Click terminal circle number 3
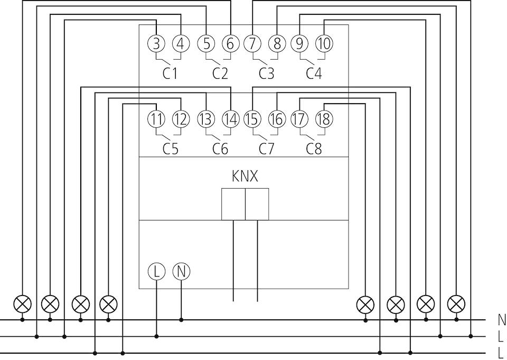pyautogui.click(x=156, y=43)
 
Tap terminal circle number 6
pyautogui.click(x=231, y=43)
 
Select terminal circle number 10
pyautogui.click(x=324, y=43)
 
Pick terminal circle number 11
pyautogui.click(x=156, y=119)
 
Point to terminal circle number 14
pyautogui.click(x=231, y=119)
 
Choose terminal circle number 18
pyautogui.click(x=324, y=119)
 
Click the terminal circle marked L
pyautogui.click(x=156, y=271)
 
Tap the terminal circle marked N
pyautogui.click(x=181, y=271)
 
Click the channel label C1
pyautogui.click(x=170, y=73)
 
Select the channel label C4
pyautogui.click(x=314, y=73)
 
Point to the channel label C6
pyautogui.click(x=220, y=149)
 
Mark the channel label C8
pyautogui.click(x=314, y=149)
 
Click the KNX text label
pyautogui.click(x=245, y=177)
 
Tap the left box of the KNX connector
pyautogui.click(x=233, y=204)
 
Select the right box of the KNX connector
pyautogui.click(x=257, y=204)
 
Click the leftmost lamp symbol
pyautogui.click(x=23, y=304)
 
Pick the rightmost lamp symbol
pyautogui.click(x=456, y=304)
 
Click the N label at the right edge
pyautogui.click(x=502, y=320)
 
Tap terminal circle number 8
pyautogui.click(x=277, y=43)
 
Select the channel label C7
pyautogui.click(x=266, y=149)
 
